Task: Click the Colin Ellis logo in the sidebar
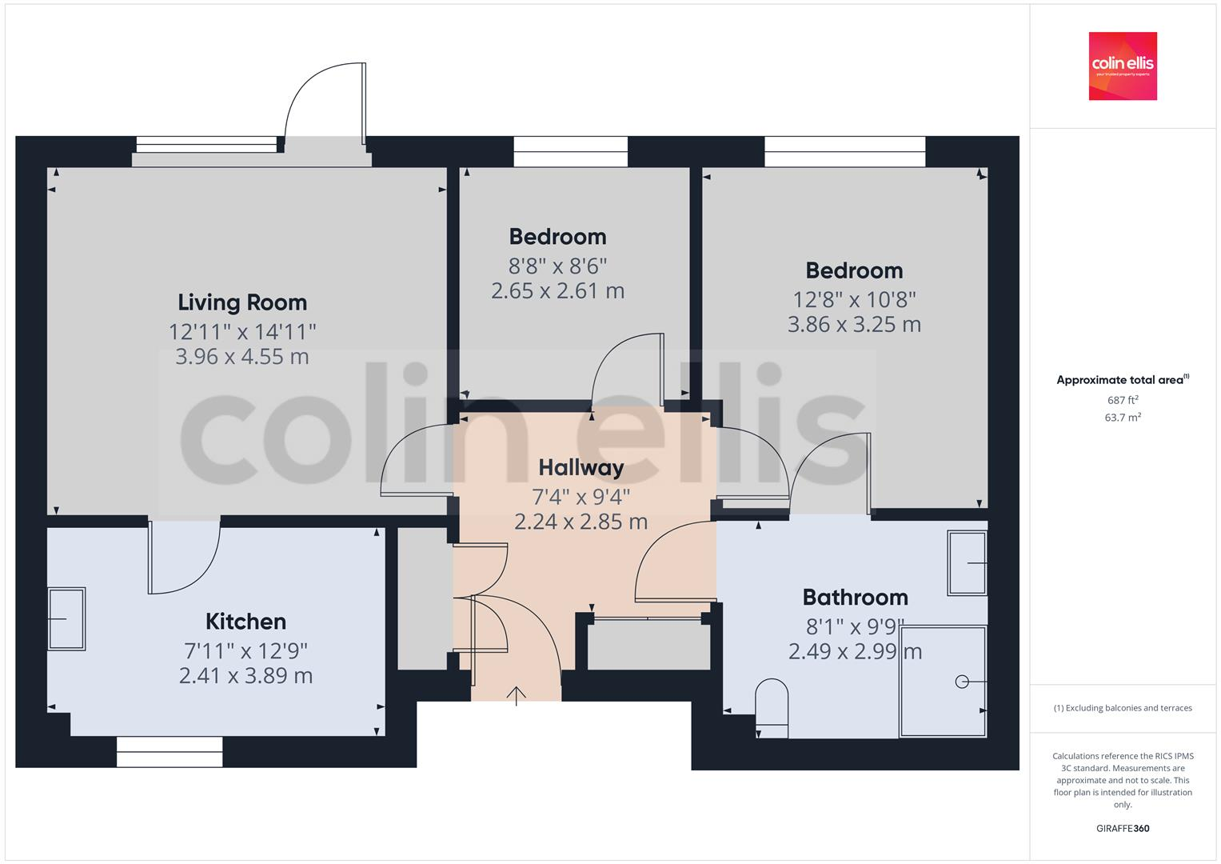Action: point(1123,66)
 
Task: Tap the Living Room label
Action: point(242,302)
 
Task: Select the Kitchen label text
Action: point(245,622)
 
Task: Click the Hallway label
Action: point(581,467)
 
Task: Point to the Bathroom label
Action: point(855,598)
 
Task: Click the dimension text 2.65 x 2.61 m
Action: point(557,291)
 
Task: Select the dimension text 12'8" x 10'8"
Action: point(854,299)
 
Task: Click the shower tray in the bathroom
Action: point(943,682)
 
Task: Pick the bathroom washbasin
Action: point(967,563)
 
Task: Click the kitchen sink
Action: point(67,618)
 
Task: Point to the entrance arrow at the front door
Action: point(517,696)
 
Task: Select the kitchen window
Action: point(170,752)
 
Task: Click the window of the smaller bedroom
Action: point(570,151)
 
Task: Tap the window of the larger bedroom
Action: point(844,151)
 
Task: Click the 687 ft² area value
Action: point(1123,400)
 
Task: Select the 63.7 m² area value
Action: point(1123,417)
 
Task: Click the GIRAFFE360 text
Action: point(1123,828)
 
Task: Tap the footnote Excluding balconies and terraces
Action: point(1123,708)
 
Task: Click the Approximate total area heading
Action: point(1121,380)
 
